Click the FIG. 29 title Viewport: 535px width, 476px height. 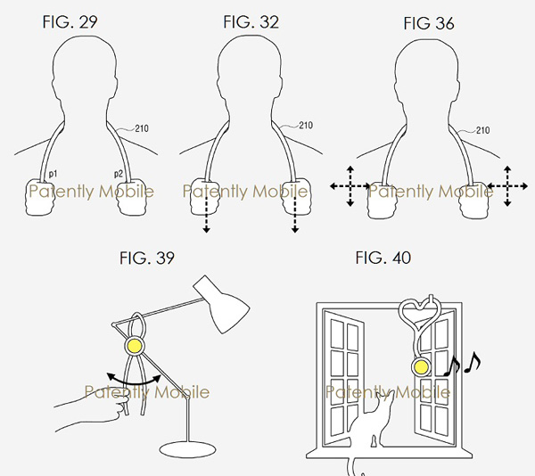coord(70,22)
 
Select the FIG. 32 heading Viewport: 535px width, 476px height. coord(251,22)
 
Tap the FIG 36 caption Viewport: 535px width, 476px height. coord(429,23)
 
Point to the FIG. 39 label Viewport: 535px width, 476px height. coord(147,259)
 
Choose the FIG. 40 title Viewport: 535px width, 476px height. coord(383,258)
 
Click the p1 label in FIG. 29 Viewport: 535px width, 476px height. coord(53,174)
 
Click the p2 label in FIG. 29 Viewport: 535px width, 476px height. coord(118,174)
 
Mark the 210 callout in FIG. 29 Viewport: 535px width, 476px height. coord(142,128)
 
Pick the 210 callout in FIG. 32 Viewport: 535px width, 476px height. coord(306,126)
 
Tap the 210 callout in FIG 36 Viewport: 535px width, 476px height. coord(482,130)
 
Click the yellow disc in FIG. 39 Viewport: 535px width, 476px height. coord(134,346)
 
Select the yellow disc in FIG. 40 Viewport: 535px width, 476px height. coord(421,367)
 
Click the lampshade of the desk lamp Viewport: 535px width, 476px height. coord(222,305)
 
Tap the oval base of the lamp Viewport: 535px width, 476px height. coord(187,449)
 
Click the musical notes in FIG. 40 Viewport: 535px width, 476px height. coord(462,365)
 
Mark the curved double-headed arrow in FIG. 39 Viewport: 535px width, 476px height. coord(134,382)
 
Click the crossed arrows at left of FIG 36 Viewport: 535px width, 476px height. coord(350,186)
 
